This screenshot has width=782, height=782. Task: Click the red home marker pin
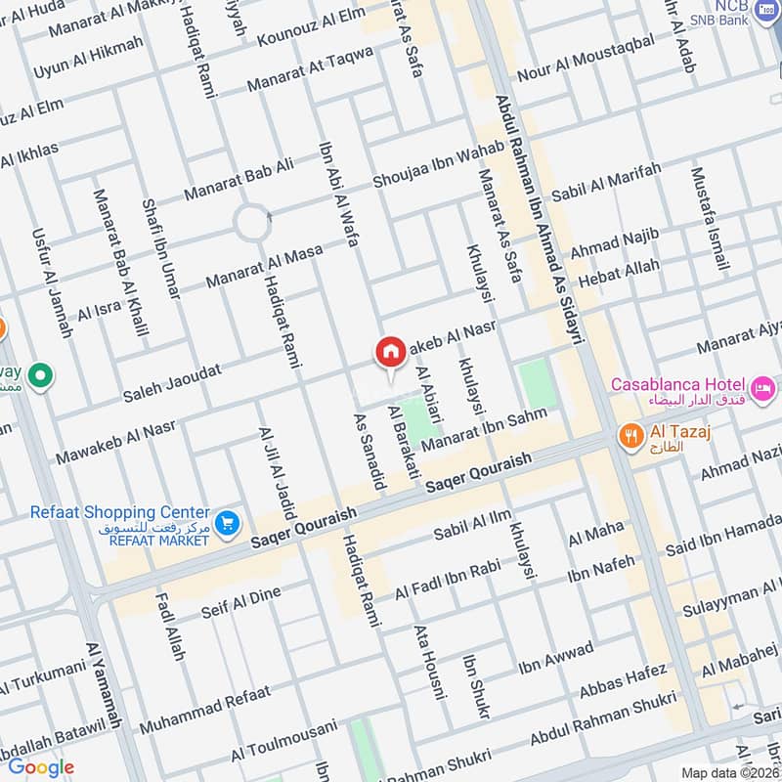point(390,353)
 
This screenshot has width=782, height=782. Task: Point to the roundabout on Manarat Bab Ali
point(251,224)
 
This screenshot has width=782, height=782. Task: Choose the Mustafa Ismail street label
point(710,219)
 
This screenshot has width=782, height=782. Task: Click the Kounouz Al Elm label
point(310,26)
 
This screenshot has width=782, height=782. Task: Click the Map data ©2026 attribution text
point(728,772)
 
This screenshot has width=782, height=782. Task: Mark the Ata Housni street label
point(430,662)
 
